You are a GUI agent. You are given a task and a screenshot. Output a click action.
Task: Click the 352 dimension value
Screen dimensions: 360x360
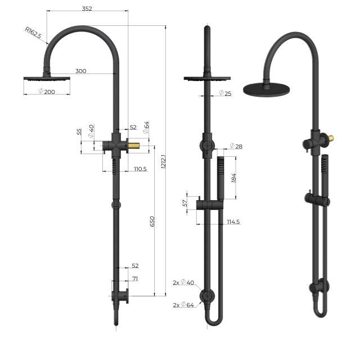pos(87,8)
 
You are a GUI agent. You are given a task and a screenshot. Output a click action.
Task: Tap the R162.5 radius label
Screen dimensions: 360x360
pos(33,33)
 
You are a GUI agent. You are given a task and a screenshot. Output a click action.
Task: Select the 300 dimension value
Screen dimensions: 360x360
pos(81,71)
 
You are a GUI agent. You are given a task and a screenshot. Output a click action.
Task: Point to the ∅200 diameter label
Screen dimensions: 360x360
pos(46,91)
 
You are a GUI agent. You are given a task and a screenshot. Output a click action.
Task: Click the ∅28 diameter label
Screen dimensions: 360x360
pos(236,146)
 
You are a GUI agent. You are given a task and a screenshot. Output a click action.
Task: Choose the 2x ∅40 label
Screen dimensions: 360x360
pos(183,282)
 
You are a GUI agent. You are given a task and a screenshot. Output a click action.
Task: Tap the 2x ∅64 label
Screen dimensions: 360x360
pos(183,305)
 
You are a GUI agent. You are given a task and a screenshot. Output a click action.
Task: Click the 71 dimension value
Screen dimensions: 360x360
pos(135,278)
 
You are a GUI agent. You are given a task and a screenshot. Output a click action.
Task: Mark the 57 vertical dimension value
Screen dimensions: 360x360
pos(186,203)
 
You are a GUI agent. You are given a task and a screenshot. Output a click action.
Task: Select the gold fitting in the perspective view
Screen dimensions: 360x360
pos(331,138)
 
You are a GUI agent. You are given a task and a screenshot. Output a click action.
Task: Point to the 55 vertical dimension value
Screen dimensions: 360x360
pos(80,133)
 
